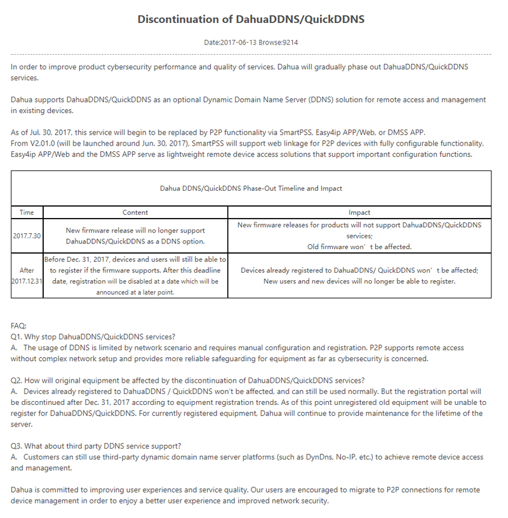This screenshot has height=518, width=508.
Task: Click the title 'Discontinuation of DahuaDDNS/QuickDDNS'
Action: click(251, 19)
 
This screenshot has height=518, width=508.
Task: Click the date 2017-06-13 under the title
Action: click(236, 43)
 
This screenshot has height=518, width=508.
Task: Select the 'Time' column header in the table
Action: click(27, 212)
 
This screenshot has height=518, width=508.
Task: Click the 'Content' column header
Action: click(135, 212)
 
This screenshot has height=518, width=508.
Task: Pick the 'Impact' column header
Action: click(359, 212)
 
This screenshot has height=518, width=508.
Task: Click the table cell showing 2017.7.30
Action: click(27, 236)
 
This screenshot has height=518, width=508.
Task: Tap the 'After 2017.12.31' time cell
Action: click(27, 275)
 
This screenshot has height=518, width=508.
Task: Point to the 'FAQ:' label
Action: click(18, 325)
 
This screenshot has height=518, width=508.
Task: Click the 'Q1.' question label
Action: click(17, 336)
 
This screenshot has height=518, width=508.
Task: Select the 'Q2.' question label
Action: click(17, 380)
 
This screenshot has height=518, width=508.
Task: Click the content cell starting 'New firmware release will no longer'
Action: click(135, 236)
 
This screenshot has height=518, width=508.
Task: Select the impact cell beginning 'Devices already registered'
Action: click(359, 275)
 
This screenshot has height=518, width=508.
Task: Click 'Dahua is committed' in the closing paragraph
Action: click(42, 490)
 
